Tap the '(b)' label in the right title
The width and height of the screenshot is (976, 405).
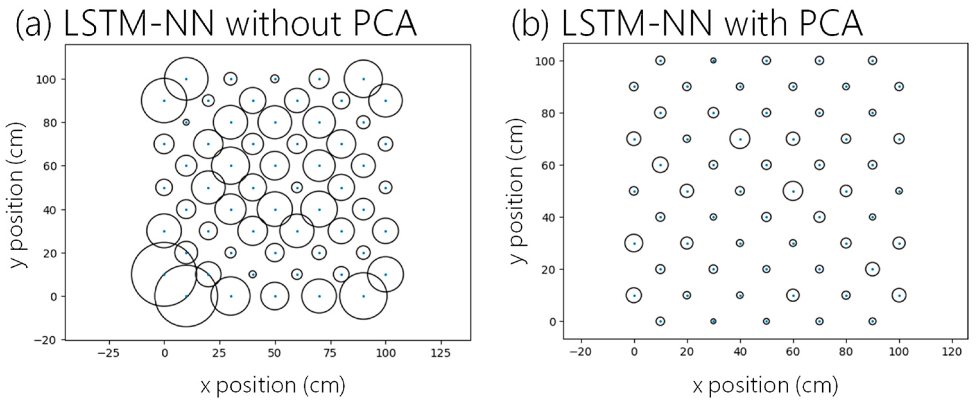click(x=530, y=23)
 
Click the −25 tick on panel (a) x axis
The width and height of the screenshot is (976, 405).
click(x=108, y=353)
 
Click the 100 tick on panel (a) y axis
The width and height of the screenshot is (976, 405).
click(x=46, y=79)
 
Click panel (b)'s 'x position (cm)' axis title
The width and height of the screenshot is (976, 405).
click(x=765, y=385)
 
